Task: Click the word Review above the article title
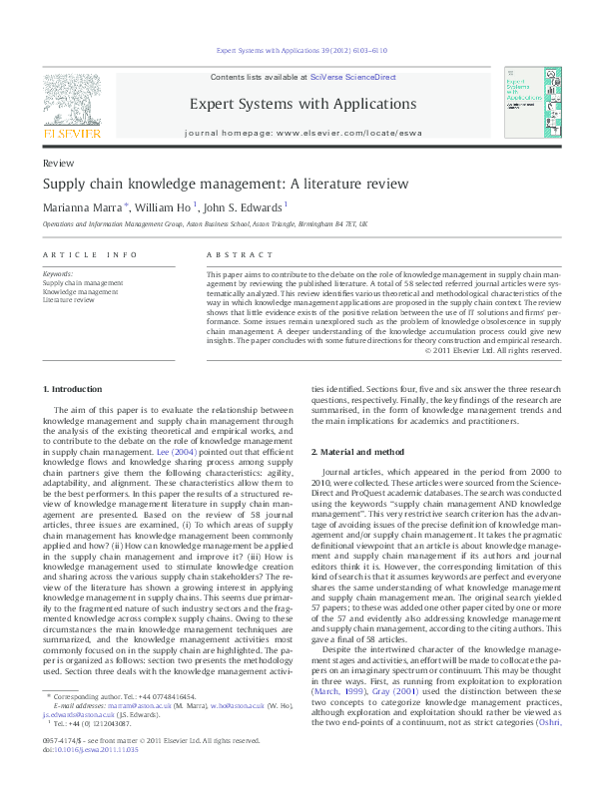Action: pyautogui.click(x=56, y=162)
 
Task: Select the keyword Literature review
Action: pyautogui.click(x=68, y=299)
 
